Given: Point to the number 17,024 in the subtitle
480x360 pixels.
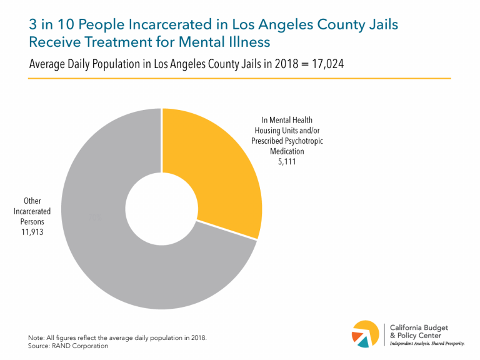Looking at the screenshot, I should (325, 64).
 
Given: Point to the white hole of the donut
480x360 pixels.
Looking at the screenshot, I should (162, 209).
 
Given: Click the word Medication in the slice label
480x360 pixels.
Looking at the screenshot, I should (287, 151).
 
